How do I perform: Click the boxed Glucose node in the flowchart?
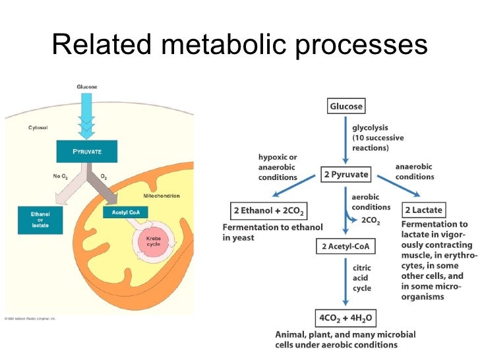pos(345,106)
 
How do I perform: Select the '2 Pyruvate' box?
pos(345,175)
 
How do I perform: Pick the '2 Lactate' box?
pos(423,210)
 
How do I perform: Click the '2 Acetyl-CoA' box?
pos(345,247)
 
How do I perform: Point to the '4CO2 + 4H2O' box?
pos(345,318)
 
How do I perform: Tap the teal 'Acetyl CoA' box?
pos(125,212)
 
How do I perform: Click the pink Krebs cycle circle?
pos(153,242)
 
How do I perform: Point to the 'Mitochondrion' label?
pos(162,196)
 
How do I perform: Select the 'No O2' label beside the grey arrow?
pos(61,176)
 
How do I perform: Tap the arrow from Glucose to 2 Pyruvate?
pos(345,140)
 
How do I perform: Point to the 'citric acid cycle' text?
pos(362,277)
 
